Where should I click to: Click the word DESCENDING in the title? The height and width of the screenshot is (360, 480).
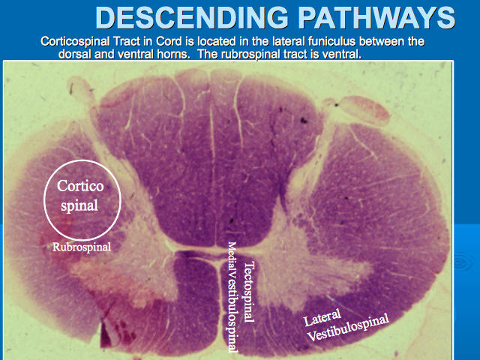(192, 17)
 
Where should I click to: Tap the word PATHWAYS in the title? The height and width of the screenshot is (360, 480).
(376, 17)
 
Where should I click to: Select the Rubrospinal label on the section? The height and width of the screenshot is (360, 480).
(82, 247)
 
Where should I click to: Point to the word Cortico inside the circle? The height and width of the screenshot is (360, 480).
(80, 186)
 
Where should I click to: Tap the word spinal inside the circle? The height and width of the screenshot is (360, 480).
(79, 205)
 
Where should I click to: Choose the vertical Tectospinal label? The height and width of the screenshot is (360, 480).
(249, 292)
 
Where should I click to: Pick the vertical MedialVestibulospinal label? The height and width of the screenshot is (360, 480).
(232, 297)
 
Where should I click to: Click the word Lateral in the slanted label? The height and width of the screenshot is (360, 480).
(322, 317)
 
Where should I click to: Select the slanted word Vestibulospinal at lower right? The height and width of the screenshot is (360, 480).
(348, 327)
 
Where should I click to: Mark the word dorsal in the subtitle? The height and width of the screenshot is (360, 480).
(75, 54)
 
